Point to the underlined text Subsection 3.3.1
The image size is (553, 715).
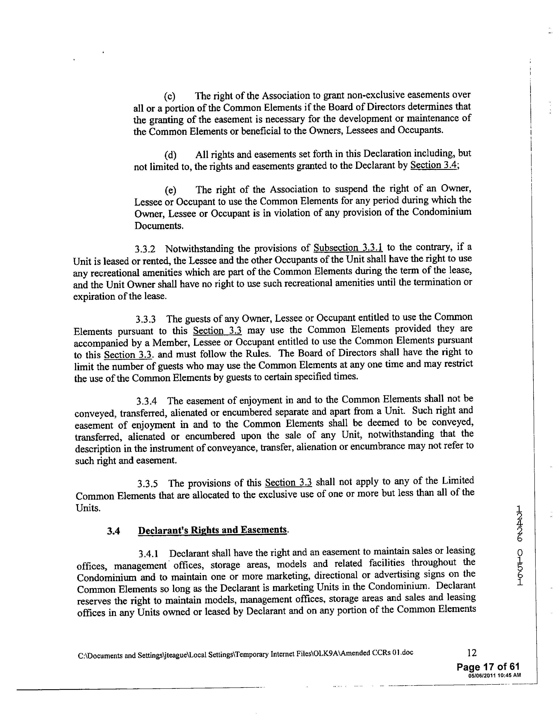[348, 247]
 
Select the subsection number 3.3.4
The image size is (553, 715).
[146, 401]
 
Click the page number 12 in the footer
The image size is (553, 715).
[472, 653]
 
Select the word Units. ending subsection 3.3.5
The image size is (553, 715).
[88, 508]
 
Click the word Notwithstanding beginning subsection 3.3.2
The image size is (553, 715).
[199, 249]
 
